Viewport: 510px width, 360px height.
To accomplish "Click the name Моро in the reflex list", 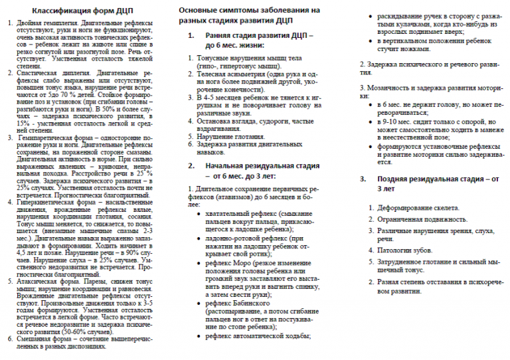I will coord(240,262).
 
